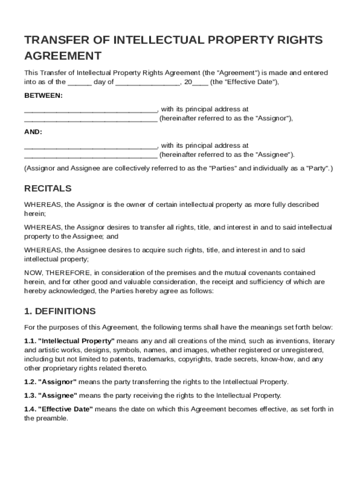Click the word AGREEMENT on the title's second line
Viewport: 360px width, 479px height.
coord(63,56)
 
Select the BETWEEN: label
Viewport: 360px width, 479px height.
coord(43,95)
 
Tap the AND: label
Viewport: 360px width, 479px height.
coord(33,132)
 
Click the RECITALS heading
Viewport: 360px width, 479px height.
coord(48,189)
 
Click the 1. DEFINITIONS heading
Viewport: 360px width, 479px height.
coord(60,311)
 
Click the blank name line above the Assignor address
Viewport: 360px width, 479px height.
coord(90,110)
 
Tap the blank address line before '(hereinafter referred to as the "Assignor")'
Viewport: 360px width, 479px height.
coord(90,119)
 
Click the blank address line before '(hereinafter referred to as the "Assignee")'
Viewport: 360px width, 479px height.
coord(90,155)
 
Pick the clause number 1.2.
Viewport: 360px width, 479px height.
coord(29,382)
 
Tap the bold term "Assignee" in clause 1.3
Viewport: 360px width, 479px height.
coord(58,395)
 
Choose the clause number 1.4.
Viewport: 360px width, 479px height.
coord(29,409)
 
